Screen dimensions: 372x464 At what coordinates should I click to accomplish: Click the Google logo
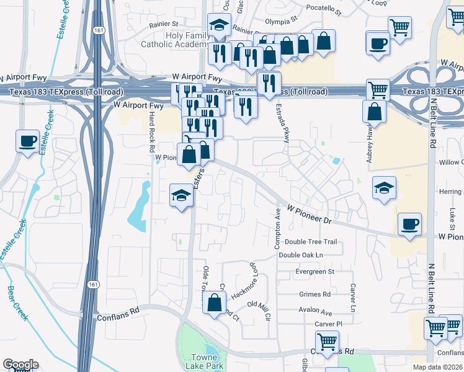[20, 365]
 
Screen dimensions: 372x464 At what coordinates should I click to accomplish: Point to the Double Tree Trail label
[311, 242]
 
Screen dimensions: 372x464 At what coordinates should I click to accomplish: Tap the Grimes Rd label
[315, 294]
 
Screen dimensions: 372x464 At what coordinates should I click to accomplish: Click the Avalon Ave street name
[315, 312]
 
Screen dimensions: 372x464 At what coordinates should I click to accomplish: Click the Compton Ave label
[278, 229]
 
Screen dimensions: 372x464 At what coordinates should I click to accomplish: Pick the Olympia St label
[277, 20]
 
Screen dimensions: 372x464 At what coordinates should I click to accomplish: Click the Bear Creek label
[18, 303]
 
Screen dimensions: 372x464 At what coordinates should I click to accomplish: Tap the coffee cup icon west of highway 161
[27, 141]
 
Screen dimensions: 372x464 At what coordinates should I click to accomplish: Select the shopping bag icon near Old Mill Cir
[214, 303]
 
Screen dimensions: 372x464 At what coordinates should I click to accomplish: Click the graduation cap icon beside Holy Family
[218, 25]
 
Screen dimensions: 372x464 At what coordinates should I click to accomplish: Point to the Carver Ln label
[353, 298]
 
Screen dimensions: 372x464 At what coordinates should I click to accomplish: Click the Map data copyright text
[437, 367]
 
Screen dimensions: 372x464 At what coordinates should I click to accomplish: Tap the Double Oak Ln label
[301, 255]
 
